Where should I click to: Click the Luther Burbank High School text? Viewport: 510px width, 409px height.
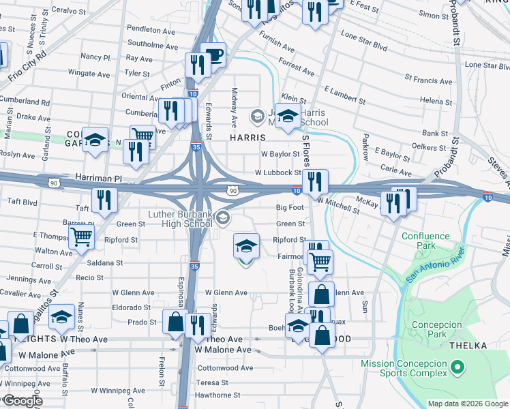click(180, 219)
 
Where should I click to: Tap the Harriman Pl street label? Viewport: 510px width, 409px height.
click(98, 178)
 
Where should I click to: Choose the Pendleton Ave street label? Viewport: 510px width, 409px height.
click(151, 31)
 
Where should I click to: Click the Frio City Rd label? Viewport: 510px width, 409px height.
click(27, 65)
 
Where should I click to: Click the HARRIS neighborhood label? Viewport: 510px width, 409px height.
click(247, 137)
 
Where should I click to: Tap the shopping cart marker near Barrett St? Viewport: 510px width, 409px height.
click(81, 238)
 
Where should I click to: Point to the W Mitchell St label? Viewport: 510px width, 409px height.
click(338, 200)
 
